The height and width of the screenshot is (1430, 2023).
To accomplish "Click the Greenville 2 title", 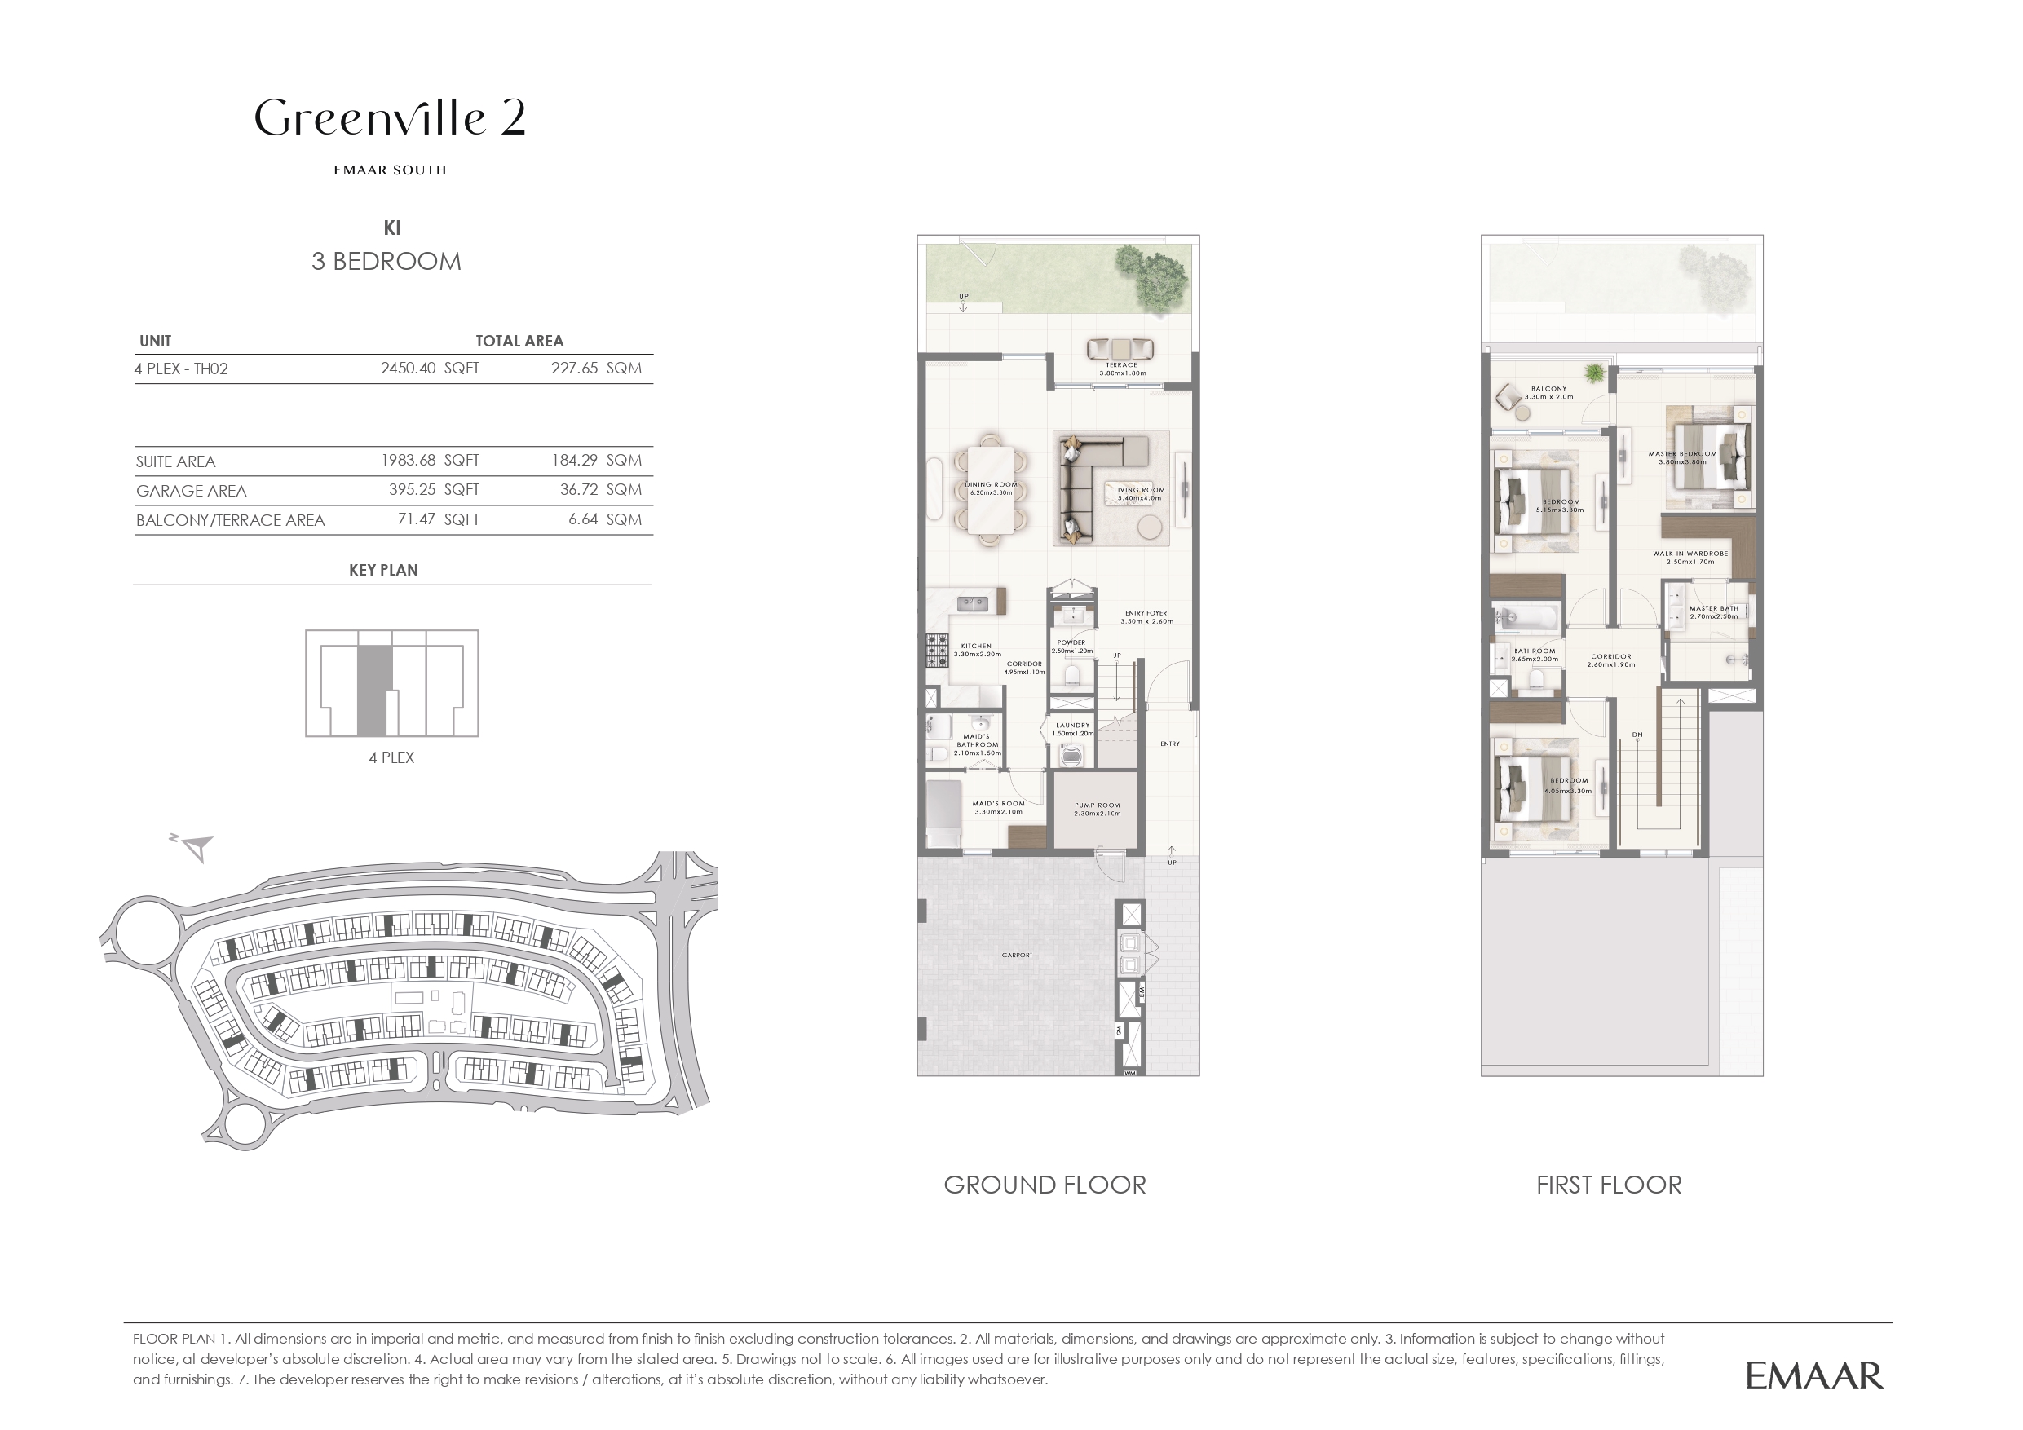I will (x=391, y=118).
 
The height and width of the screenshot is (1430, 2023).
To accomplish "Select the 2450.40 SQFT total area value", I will (x=429, y=369).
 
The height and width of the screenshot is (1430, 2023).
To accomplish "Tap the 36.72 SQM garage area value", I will (x=600, y=490).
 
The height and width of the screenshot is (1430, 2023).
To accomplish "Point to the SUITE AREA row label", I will (x=175, y=461).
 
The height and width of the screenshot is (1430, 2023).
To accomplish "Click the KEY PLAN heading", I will (x=383, y=570).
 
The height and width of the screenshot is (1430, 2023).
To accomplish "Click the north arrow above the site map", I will (x=196, y=847).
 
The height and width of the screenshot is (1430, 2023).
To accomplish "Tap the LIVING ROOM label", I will (x=1138, y=490).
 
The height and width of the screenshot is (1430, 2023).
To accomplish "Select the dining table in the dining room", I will (x=992, y=490).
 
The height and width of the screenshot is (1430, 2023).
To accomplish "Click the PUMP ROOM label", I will (x=1097, y=805).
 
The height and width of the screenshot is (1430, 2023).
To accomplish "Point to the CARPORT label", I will (x=1016, y=955).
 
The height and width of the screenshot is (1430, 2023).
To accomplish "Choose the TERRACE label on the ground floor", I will (x=1122, y=364).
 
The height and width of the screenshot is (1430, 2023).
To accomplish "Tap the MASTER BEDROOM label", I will (x=1682, y=455).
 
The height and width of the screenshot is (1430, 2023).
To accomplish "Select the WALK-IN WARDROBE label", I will (x=1690, y=554).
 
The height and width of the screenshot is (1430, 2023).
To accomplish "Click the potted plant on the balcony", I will (x=1594, y=373).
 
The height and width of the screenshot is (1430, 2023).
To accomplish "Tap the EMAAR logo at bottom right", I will (x=1814, y=1375).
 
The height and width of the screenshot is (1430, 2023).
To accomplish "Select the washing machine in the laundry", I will (x=1072, y=755).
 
